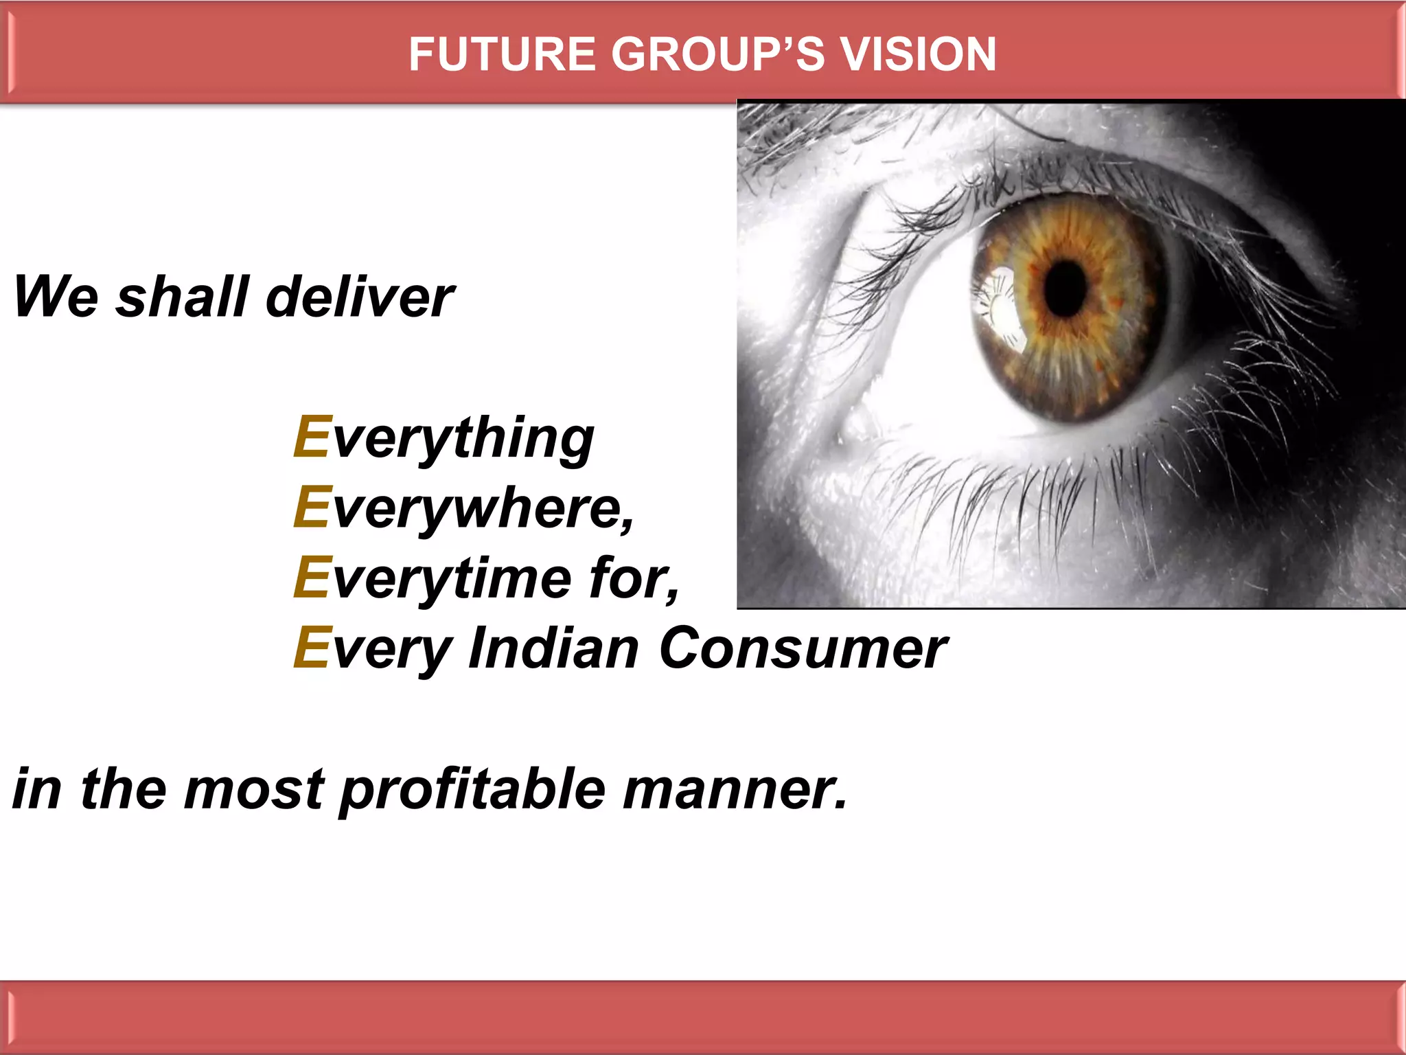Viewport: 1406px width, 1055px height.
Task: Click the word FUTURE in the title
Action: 502,54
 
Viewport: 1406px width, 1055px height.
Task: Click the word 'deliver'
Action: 360,297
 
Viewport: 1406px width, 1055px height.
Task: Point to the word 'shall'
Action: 183,297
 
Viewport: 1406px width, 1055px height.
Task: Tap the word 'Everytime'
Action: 433,578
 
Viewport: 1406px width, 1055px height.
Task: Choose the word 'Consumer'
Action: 803,648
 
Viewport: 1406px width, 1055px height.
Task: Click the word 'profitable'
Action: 473,790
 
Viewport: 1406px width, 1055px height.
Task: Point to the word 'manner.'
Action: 735,790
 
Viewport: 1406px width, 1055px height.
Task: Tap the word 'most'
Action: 254,790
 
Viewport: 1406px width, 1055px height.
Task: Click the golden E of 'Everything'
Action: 312,437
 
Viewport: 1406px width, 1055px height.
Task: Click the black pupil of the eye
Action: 1066,288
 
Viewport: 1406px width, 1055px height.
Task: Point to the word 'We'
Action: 56,297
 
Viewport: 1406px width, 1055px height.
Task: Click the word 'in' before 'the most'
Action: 37,790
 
